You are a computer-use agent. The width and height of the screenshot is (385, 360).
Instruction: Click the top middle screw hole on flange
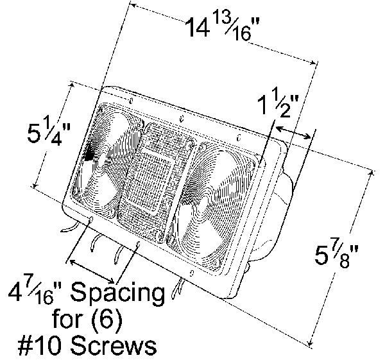point(183,118)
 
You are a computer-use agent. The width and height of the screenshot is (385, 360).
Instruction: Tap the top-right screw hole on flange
point(239,137)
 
